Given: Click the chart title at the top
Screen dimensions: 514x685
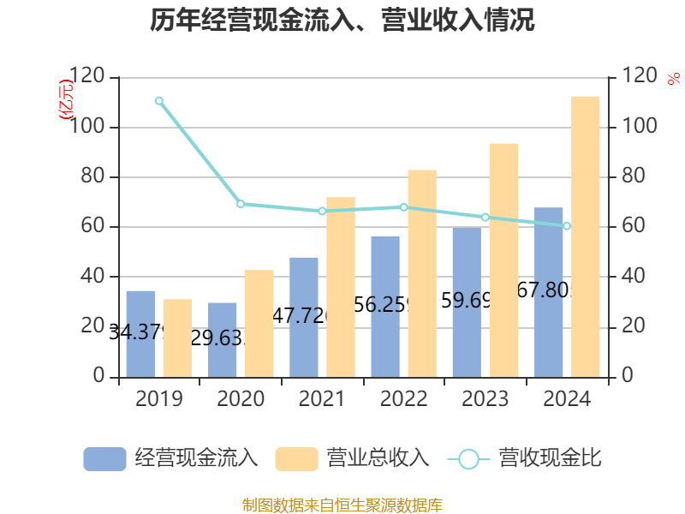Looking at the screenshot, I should (342, 21).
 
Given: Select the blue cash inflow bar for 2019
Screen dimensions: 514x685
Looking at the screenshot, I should (140, 333).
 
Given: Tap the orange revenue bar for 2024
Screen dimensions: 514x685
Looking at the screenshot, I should (586, 236).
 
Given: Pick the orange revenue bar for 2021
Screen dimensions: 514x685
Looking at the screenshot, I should (341, 286).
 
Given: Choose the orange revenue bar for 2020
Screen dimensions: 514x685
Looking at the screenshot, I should (259, 323).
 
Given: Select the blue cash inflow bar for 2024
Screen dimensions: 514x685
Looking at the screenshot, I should (549, 291).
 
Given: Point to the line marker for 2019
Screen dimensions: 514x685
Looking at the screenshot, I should (159, 101).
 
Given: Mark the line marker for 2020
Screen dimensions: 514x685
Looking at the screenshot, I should (241, 204).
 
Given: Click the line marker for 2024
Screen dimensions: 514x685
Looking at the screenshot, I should (567, 226).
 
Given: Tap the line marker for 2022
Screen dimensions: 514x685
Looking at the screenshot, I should (403, 207).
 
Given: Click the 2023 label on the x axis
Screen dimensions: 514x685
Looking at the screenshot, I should (485, 399).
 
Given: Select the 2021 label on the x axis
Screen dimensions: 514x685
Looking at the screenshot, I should (322, 399).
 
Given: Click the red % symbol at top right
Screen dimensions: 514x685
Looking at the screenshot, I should (673, 79).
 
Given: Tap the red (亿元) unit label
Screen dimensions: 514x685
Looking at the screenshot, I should (66, 102).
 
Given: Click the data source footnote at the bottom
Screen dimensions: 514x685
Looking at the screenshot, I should (342, 505).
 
